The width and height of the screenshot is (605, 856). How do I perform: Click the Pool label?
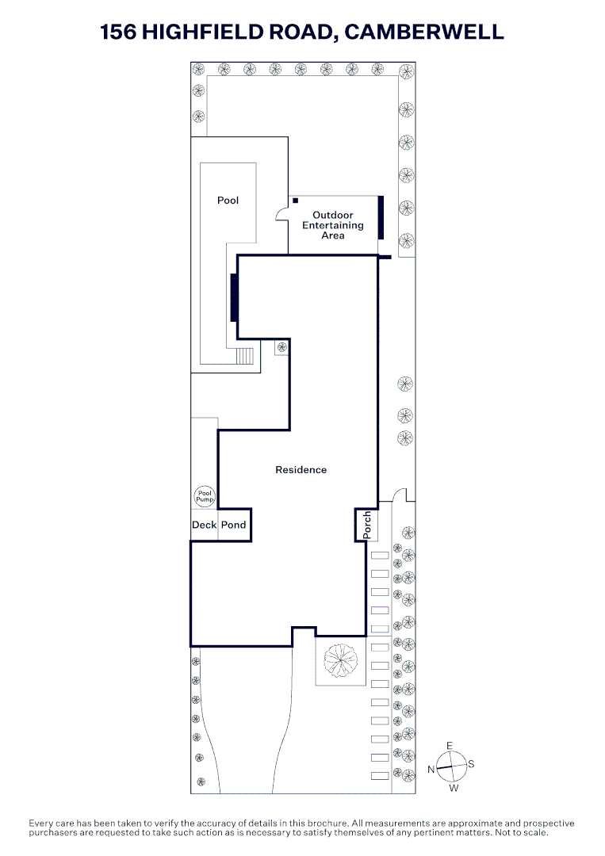[228, 201]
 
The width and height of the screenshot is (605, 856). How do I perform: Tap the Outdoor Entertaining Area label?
[333, 225]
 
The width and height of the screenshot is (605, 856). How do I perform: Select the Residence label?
[301, 470]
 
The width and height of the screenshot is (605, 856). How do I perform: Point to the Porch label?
[366, 525]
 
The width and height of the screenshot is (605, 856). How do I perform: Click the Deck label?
[204, 525]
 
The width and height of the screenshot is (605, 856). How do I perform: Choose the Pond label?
[233, 525]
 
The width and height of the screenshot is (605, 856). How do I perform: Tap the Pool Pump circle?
[205, 497]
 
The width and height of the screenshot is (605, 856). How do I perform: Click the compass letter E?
[450, 746]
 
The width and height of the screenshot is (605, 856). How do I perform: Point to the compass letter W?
[454, 789]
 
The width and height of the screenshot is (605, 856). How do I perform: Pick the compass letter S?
[471, 764]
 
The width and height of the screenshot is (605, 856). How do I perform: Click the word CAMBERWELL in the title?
[424, 32]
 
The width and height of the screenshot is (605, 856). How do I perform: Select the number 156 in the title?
[118, 32]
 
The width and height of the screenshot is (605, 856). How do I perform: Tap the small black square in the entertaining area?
[295, 201]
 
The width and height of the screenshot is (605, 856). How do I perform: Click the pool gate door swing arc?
[281, 213]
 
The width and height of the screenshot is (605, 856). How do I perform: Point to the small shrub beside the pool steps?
[281, 347]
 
